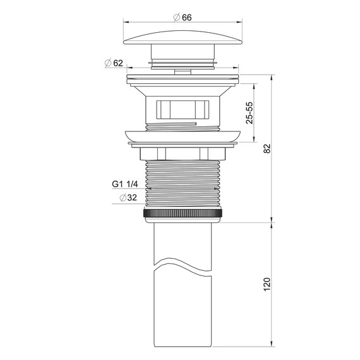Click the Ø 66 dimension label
coord(183,18)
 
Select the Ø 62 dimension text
coord(114,63)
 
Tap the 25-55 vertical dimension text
coord(249,112)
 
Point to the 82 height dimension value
coord(267,148)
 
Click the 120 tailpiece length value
coord(267,284)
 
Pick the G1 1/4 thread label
coord(125,184)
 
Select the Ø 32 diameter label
coord(128,198)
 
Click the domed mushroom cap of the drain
coord(183,37)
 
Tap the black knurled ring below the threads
coord(183,213)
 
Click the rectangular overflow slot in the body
coord(183,110)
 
